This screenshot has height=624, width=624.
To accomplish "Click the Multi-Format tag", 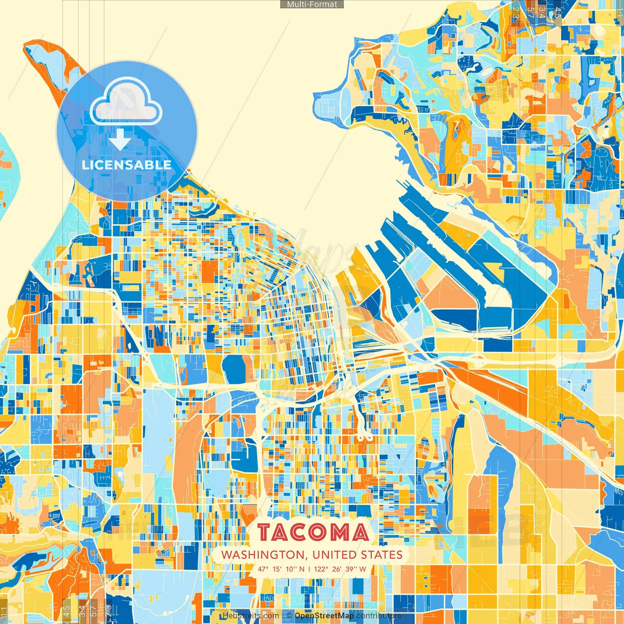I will click(312, 4).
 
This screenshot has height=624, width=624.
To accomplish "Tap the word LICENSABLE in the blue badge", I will click(127, 165).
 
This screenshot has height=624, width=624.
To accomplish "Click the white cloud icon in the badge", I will click(126, 101).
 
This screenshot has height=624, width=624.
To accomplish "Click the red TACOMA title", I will click(313, 533).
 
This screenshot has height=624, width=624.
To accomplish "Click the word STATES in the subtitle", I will click(382, 555).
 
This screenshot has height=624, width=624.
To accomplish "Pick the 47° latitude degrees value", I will click(264, 569).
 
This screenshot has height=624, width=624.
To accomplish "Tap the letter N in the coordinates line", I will click(302, 569).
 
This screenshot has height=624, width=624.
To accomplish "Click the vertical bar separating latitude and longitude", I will click(309, 569).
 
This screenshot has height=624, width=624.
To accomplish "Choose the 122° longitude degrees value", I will click(321, 569).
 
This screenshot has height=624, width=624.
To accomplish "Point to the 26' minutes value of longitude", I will click(337, 569).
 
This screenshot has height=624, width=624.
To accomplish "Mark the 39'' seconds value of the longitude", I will click(351, 569).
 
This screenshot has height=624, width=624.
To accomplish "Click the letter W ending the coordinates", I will click(363, 569).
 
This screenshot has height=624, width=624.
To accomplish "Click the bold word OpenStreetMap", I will click(324, 616).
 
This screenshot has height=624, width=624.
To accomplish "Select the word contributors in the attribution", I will click(379, 616).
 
